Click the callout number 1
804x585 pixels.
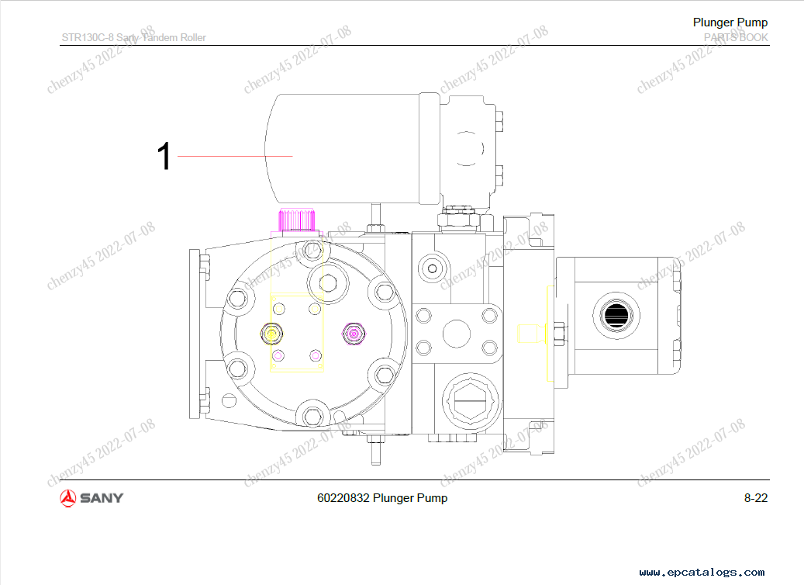point(164,156)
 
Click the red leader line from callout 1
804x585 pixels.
point(235,156)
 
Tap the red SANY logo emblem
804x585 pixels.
point(67,498)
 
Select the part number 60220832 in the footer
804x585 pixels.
point(343,498)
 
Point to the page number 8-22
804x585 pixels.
point(756,498)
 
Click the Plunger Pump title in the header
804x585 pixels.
point(730,22)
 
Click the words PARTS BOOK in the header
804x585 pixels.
point(736,37)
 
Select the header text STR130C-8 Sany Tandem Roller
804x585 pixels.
point(134,37)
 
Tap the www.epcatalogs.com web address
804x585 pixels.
point(702,572)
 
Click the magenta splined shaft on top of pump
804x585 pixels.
point(297,220)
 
